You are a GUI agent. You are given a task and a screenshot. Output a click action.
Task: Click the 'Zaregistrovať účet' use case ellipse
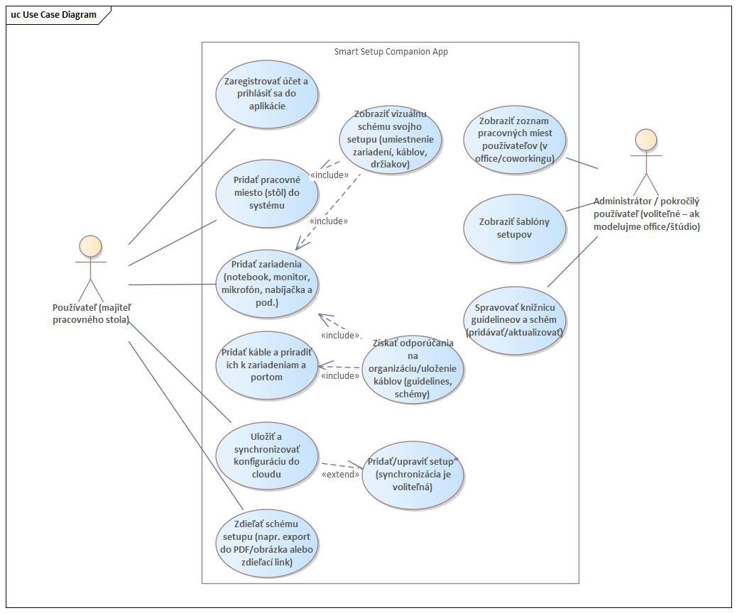pyautogui.click(x=266, y=94)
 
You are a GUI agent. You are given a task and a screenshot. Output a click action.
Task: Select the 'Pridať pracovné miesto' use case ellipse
pyautogui.click(x=266, y=193)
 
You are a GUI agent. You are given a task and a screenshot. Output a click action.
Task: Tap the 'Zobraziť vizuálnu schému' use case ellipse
pyautogui.click(x=390, y=139)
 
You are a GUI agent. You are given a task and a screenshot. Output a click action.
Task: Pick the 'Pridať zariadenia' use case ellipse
pyautogui.click(x=266, y=284)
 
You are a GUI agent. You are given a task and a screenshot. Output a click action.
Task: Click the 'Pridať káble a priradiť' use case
pyautogui.click(x=266, y=365)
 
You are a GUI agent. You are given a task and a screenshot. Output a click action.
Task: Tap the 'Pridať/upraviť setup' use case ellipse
pyautogui.click(x=413, y=474)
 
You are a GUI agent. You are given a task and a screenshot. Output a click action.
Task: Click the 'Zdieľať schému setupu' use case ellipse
pyautogui.click(x=266, y=543)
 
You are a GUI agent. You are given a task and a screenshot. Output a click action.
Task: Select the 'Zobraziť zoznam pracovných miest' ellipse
pyautogui.click(x=515, y=139)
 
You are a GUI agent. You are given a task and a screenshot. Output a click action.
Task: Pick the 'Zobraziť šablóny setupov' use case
pyautogui.click(x=515, y=228)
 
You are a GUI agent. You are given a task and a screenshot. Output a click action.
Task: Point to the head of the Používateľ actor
pyautogui.click(x=90, y=246)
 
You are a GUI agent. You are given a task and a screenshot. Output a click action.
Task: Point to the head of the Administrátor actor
pyautogui.click(x=645, y=139)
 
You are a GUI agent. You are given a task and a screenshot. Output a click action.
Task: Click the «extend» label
pyautogui.click(x=340, y=474)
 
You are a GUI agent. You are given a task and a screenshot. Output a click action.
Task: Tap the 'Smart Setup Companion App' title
pyautogui.click(x=391, y=52)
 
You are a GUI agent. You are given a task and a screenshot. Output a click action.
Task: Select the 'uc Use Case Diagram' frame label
pyautogui.click(x=54, y=14)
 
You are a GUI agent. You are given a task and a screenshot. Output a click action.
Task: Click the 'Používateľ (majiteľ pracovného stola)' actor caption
pyautogui.click(x=92, y=314)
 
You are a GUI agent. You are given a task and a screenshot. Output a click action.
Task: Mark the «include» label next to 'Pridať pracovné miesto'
pyautogui.click(x=329, y=175)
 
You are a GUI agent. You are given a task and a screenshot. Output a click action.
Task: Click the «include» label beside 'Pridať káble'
pyautogui.click(x=340, y=376)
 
